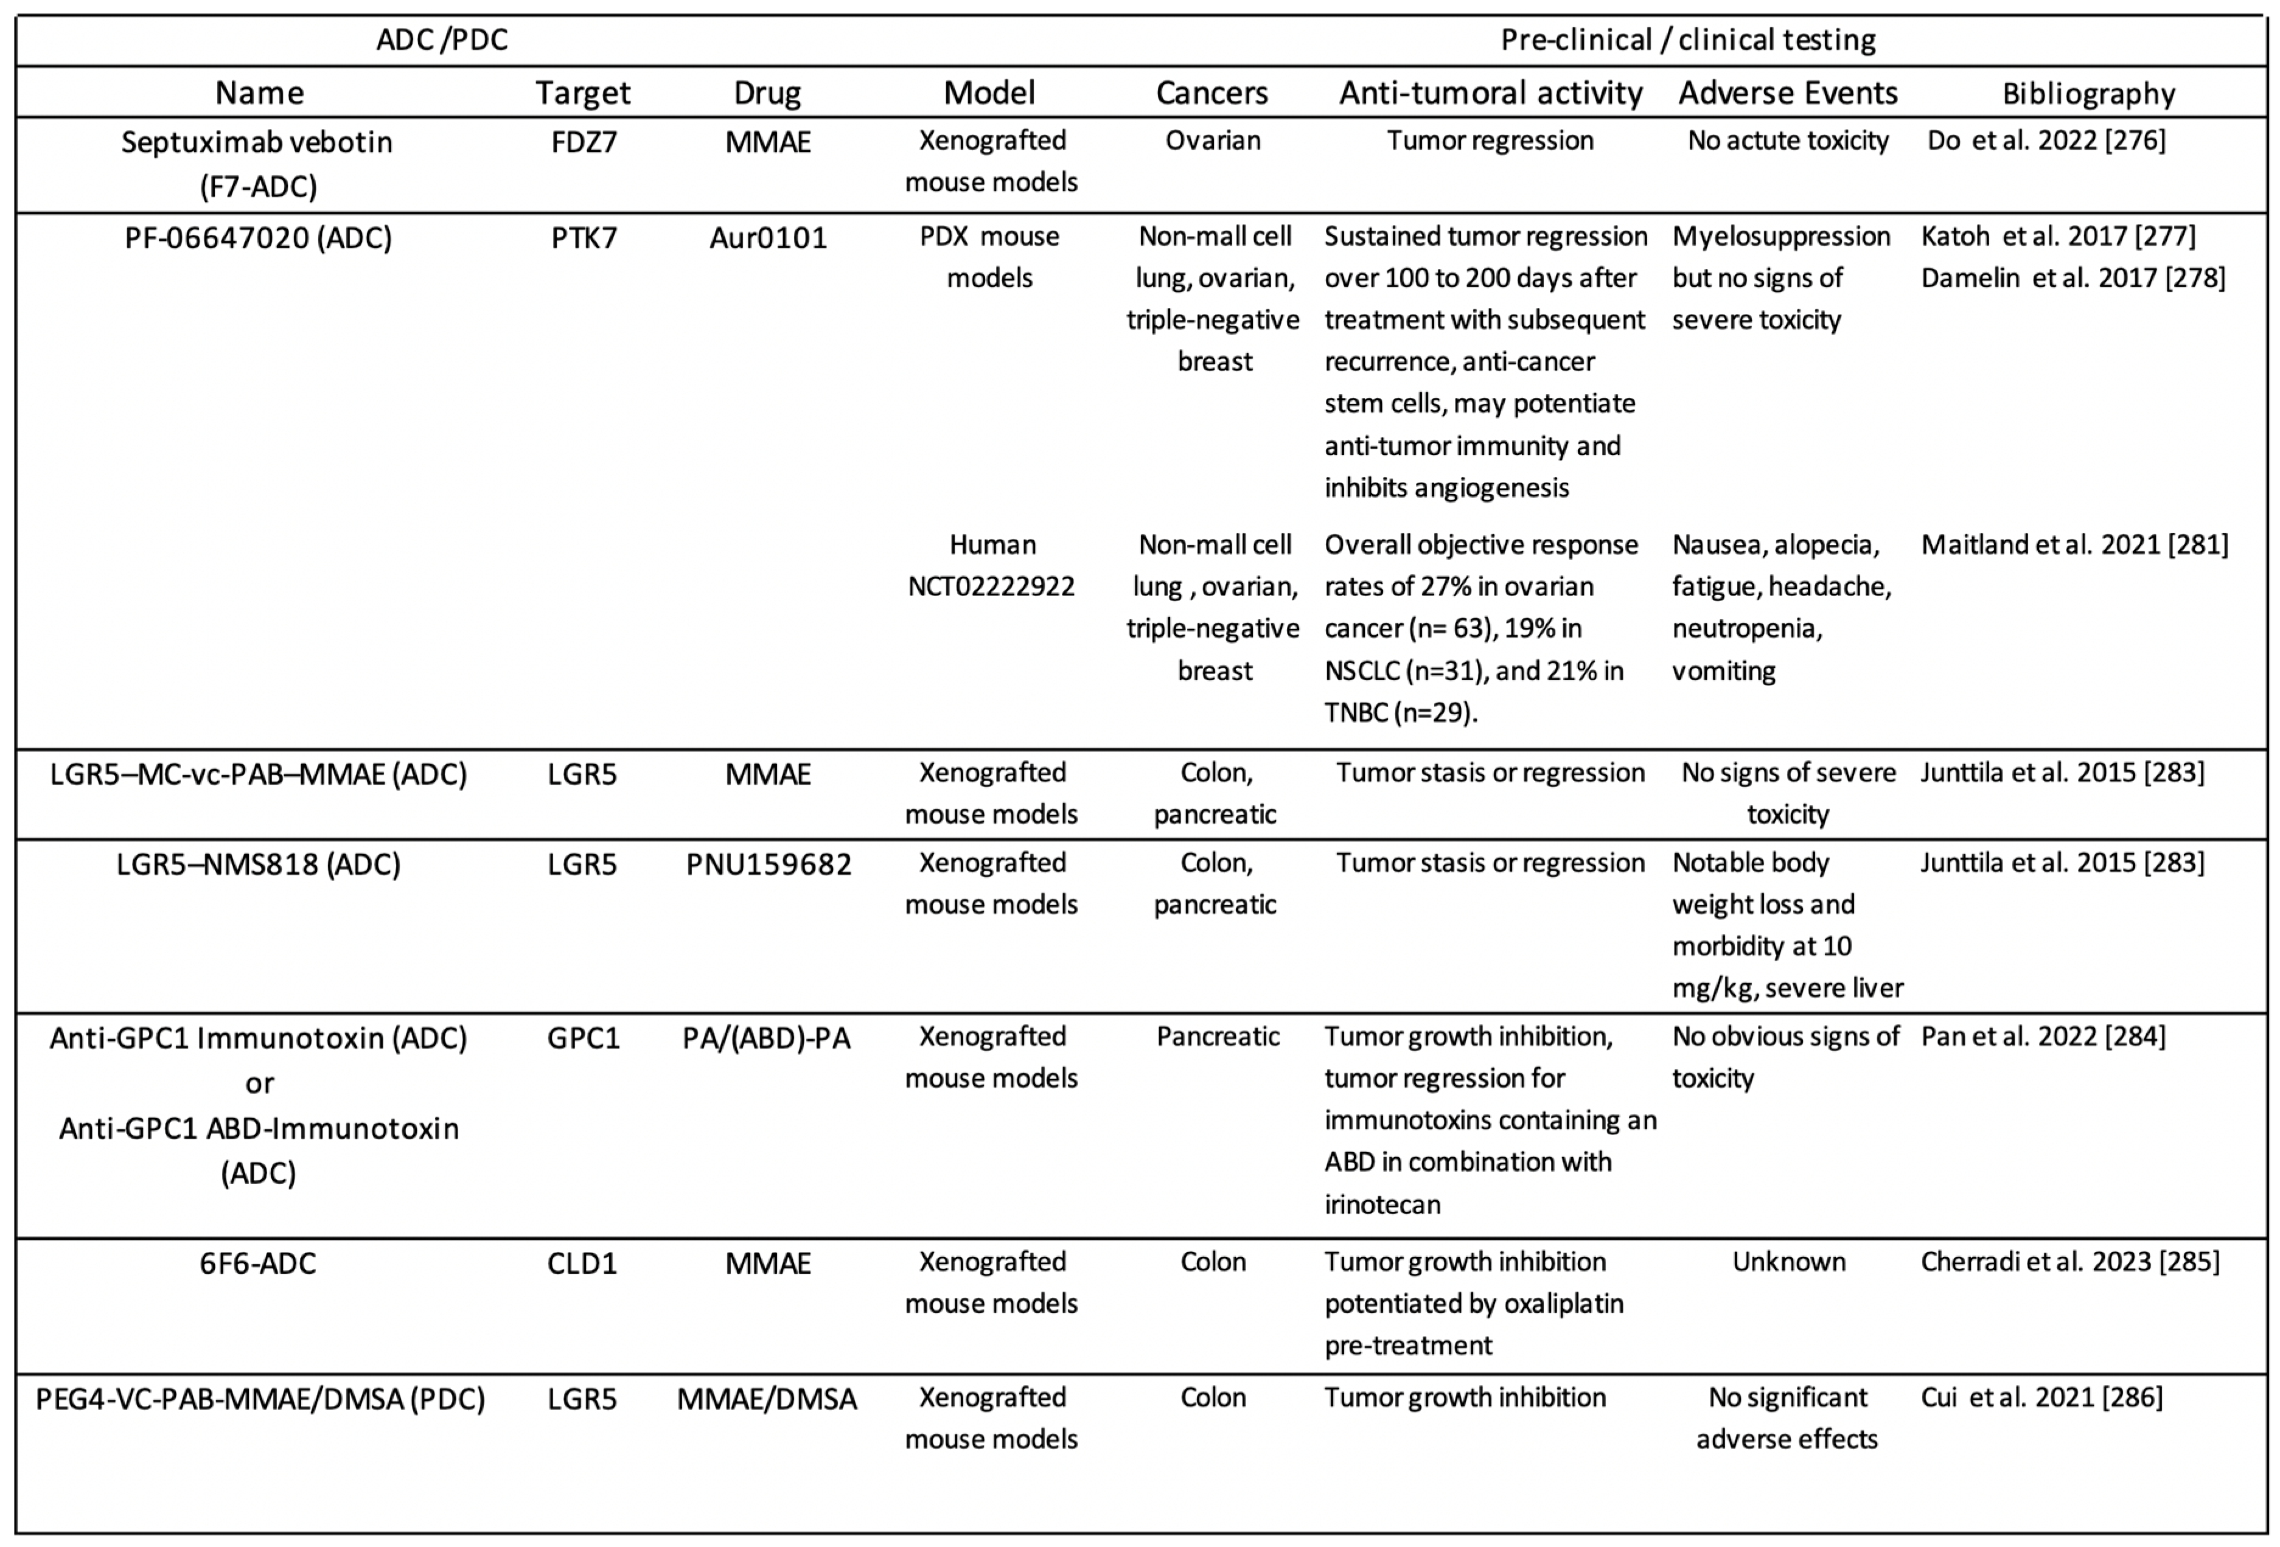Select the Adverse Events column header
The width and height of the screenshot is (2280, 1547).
point(1788,93)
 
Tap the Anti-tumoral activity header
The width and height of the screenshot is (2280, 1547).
point(1490,93)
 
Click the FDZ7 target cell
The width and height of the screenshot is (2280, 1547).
point(584,142)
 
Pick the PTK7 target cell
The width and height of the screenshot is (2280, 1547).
point(584,237)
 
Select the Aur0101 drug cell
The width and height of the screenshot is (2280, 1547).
point(768,237)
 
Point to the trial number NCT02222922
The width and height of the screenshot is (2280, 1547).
point(991,586)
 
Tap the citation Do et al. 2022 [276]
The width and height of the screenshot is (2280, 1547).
point(2046,141)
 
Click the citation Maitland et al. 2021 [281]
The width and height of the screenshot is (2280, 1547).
point(2074,544)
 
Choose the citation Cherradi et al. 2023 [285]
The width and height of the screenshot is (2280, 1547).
point(2070,1262)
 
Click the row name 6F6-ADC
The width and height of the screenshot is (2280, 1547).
point(258,1264)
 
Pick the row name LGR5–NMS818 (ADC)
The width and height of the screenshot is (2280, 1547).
point(258,864)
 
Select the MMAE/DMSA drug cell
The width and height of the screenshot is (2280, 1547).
point(767,1399)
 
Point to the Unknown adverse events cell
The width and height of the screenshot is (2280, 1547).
point(1788,1262)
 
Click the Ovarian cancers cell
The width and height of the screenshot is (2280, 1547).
point(1213,141)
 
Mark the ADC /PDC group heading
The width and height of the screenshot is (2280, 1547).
point(442,40)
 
